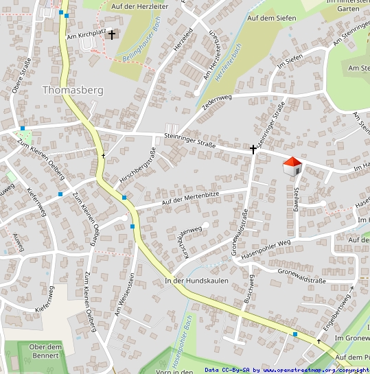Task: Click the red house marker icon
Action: [x=292, y=165]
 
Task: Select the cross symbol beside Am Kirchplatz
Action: [x=111, y=34]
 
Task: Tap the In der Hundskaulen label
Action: [x=196, y=281]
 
